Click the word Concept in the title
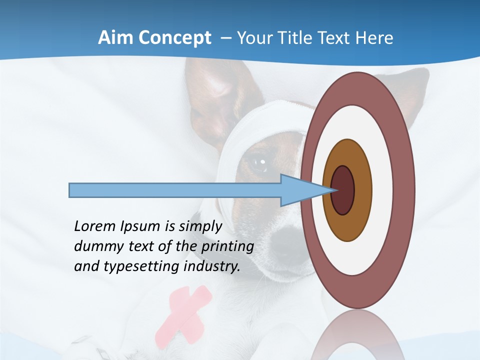tap(175, 38)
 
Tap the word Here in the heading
tap(374, 37)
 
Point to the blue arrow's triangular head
tap(300, 190)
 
